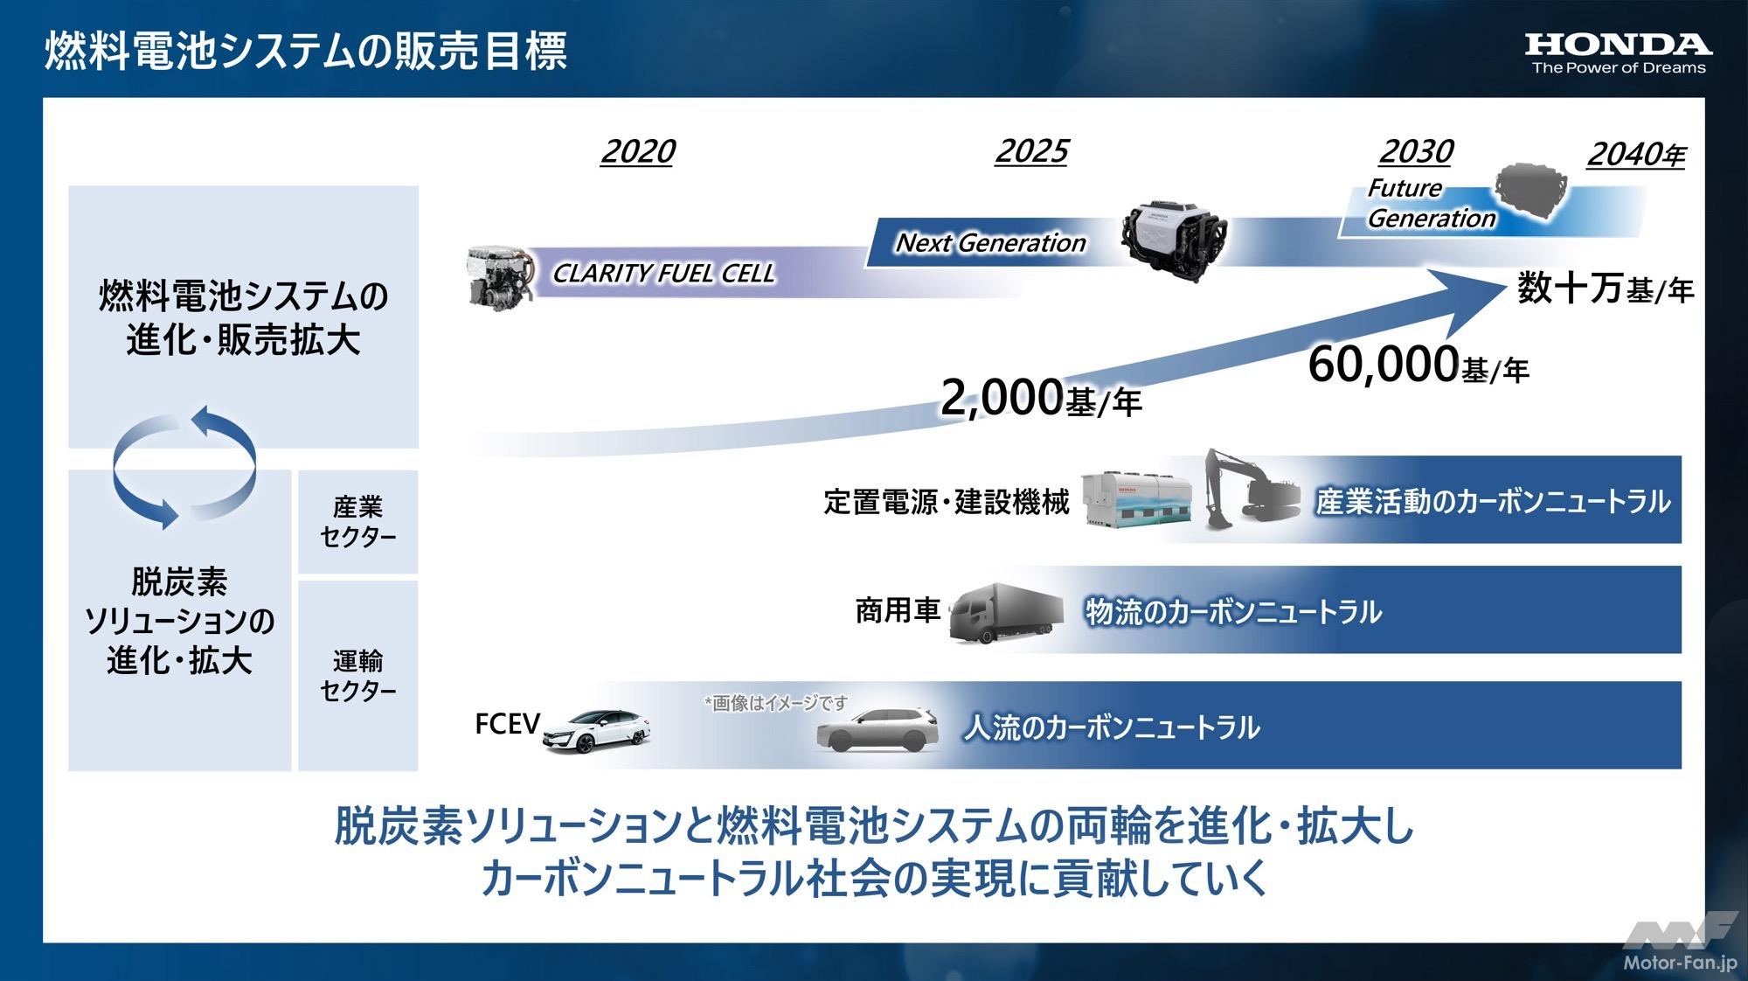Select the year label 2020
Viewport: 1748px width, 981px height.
pos(638,152)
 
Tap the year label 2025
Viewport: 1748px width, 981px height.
pos(1031,152)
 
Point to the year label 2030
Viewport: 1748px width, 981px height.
pos(1416,152)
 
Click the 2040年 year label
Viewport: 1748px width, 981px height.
pos(1635,156)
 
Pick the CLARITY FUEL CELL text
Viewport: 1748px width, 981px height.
pos(663,274)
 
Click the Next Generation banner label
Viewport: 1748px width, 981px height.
pos(990,243)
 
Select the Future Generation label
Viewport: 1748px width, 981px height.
pos(1430,204)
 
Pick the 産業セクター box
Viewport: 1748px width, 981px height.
pos(357,522)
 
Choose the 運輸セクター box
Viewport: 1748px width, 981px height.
pos(357,676)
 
